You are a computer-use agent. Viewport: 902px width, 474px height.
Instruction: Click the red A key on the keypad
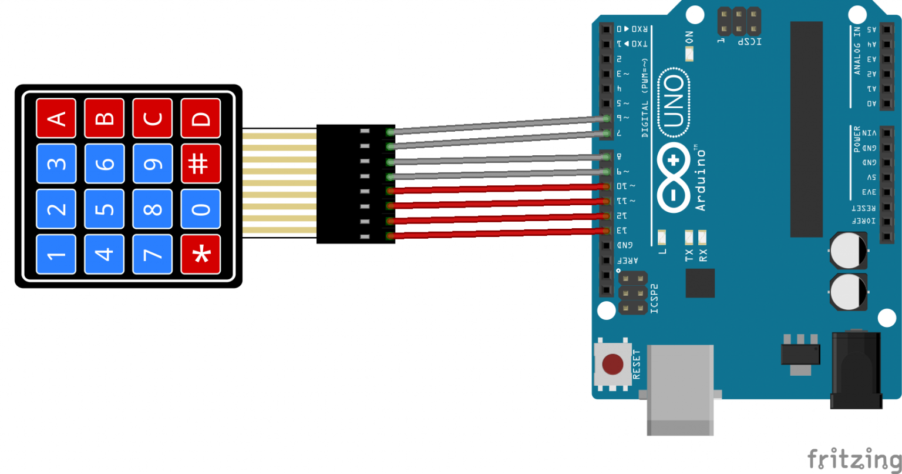(56, 118)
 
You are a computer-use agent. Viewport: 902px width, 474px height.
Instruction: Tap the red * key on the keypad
(201, 254)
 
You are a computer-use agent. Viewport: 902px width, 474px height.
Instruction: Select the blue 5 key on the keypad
(105, 209)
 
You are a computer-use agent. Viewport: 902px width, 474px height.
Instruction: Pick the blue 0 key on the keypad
(201, 209)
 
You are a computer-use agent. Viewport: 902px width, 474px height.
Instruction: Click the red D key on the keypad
(201, 118)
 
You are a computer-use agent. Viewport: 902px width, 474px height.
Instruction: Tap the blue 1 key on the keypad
(56, 254)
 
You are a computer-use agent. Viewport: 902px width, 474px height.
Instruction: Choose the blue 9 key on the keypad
(153, 163)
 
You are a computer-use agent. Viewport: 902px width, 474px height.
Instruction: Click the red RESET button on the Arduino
(612, 364)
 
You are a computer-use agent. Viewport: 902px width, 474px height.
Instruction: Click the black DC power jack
(856, 370)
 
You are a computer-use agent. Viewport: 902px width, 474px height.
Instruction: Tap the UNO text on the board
(673, 102)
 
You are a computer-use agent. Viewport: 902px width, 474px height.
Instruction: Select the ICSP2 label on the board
(655, 298)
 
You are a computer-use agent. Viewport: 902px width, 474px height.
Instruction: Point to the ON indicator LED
(689, 54)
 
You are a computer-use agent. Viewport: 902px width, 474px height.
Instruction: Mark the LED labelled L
(662, 238)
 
